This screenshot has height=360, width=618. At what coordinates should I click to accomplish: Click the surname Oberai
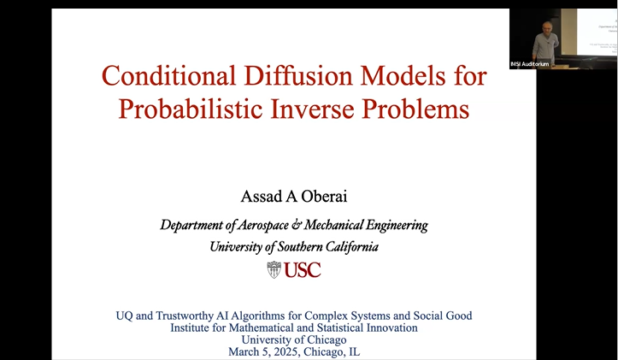point(322,197)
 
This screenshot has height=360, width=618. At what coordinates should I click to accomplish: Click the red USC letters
point(302,270)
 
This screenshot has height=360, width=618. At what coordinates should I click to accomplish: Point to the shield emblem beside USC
point(274,270)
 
